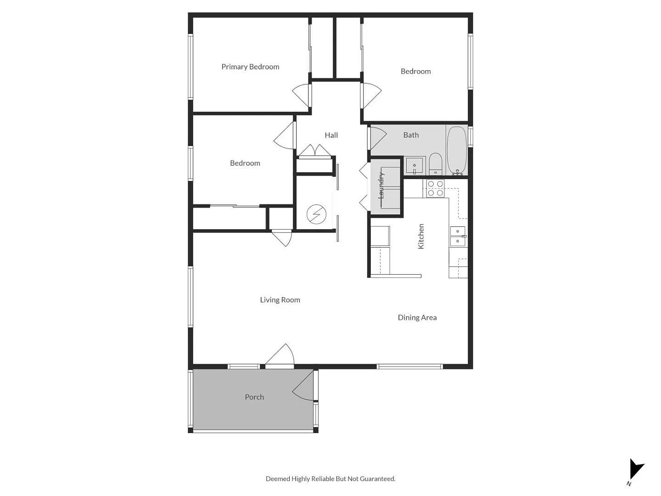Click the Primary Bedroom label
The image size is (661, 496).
point(250,67)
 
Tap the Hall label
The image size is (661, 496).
point(331,135)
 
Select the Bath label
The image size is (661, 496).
point(411,135)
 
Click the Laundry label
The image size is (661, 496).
point(381,185)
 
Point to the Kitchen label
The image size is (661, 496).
point(421,237)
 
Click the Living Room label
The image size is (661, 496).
point(280,300)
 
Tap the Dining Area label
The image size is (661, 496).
point(417,317)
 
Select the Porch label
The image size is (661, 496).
point(254,397)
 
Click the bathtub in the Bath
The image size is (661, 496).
point(457,151)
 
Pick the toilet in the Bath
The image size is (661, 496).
point(435,163)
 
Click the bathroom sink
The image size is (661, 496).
point(415,165)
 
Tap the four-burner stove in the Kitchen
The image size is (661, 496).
point(436,188)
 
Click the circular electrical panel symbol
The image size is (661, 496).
point(316,214)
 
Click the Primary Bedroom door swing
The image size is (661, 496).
point(302,96)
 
